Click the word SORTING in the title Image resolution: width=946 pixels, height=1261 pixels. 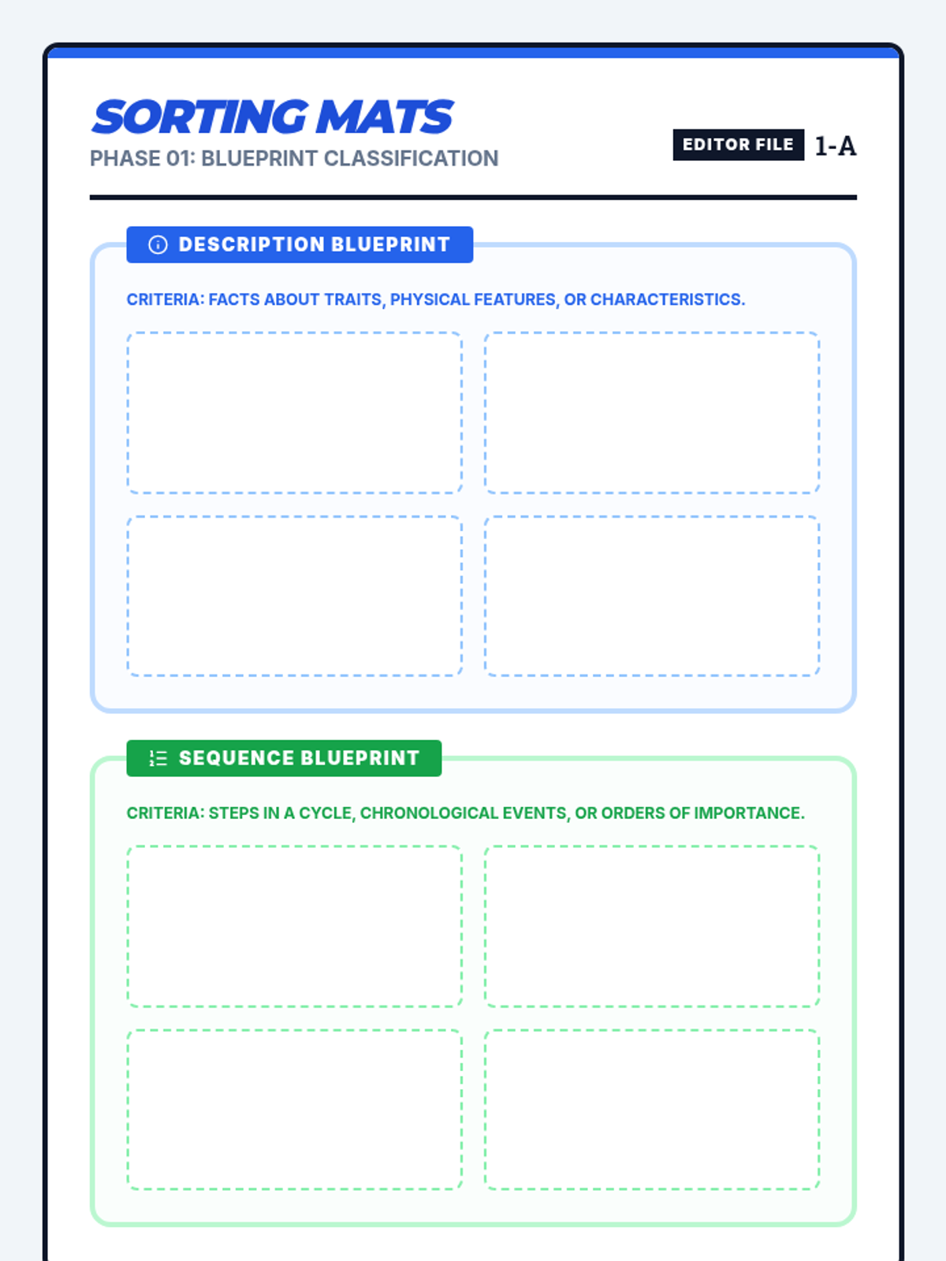point(200,117)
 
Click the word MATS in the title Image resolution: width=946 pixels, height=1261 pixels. point(384,117)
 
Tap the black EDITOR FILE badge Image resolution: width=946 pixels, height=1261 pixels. point(738,145)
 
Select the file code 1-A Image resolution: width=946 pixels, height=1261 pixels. point(835,146)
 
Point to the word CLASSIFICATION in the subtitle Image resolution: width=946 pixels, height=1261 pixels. point(411,158)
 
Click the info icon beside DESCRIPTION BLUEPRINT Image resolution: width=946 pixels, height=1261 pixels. point(158,245)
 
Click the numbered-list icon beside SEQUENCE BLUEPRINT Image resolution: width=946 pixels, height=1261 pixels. point(158,758)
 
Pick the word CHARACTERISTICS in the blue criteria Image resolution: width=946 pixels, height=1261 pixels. point(667,299)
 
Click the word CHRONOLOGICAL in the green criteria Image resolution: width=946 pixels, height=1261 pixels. point(463,813)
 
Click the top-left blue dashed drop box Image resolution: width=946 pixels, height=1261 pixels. point(295,413)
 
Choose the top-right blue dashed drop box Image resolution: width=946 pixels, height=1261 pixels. point(652,413)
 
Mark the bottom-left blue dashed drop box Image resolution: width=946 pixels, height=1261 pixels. point(295,596)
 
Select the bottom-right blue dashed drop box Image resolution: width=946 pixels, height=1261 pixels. point(652,596)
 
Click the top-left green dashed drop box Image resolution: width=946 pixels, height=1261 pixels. point(295,926)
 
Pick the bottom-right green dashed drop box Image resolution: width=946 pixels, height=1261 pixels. point(652,1109)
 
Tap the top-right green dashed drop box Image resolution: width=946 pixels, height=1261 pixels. point(652,926)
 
